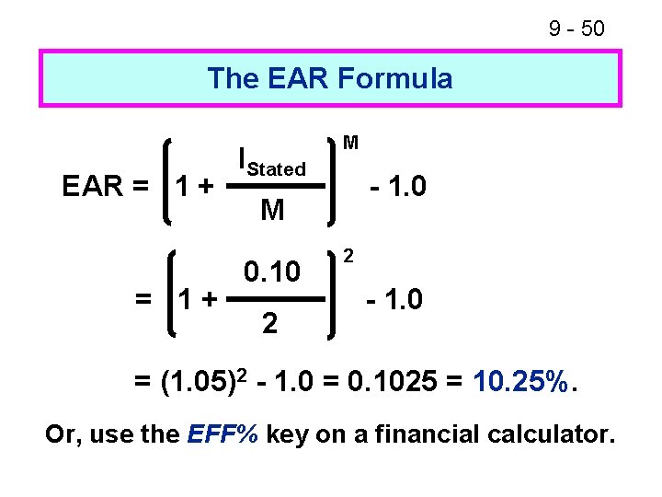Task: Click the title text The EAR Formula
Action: pyautogui.click(x=330, y=78)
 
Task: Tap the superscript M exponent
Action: pyautogui.click(x=350, y=143)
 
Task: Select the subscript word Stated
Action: pyautogui.click(x=277, y=169)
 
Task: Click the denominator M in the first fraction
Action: pyautogui.click(x=272, y=212)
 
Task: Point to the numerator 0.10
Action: pyautogui.click(x=272, y=272)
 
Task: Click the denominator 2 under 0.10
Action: pyautogui.click(x=268, y=323)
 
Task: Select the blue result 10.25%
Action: pyautogui.click(x=523, y=380)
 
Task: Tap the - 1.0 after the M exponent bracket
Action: pyautogui.click(x=397, y=188)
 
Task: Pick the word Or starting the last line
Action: pyautogui.click(x=62, y=433)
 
